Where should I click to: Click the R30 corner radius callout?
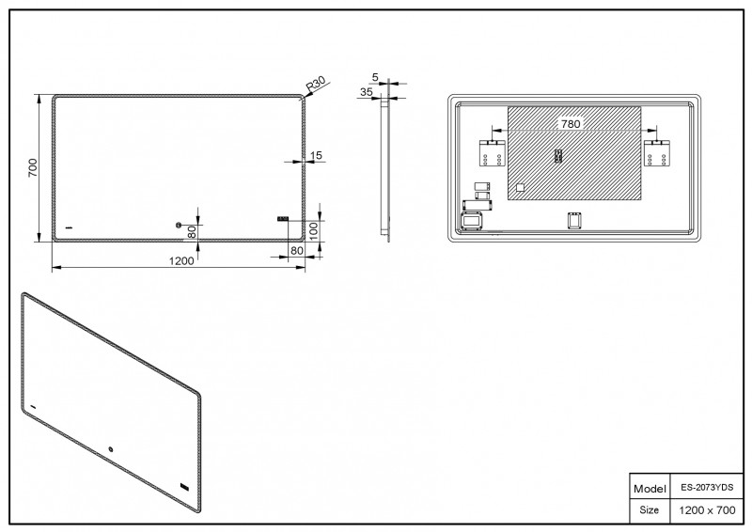coord(316,84)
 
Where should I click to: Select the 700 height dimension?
coord(33,167)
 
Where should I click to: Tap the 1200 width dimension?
coord(181,260)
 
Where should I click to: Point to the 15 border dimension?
coord(316,155)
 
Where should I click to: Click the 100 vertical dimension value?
coord(314,231)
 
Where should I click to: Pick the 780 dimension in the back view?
coord(571,124)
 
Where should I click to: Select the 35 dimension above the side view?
coord(367,91)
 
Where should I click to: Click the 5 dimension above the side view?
coord(375,77)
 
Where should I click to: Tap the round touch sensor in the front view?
coord(179,225)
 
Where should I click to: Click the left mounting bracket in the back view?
coord(493,153)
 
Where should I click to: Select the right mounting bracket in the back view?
coord(656,153)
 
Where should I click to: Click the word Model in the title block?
coord(650,489)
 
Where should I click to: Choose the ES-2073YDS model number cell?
coord(707,488)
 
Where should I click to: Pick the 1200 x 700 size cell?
coord(707,510)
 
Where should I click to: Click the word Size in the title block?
coord(649,509)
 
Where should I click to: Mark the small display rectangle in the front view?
coord(283,219)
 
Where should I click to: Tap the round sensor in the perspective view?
coord(111,449)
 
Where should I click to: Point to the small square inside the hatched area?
coord(520,188)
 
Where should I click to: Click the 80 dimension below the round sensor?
coord(192,232)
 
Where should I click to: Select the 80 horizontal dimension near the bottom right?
coord(297,250)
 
